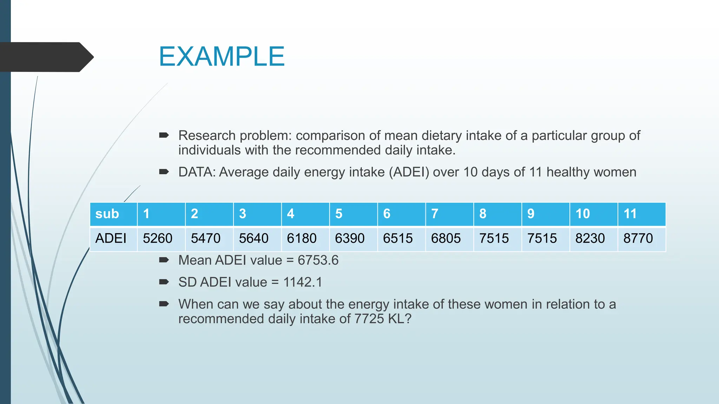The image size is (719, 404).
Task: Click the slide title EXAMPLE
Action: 222,56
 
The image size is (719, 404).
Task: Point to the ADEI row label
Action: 111,238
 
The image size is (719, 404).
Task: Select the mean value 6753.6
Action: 318,260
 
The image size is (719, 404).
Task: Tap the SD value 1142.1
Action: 303,282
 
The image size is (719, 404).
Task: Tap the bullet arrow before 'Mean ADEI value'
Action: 164,260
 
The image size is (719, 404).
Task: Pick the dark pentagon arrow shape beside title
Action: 46,57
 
